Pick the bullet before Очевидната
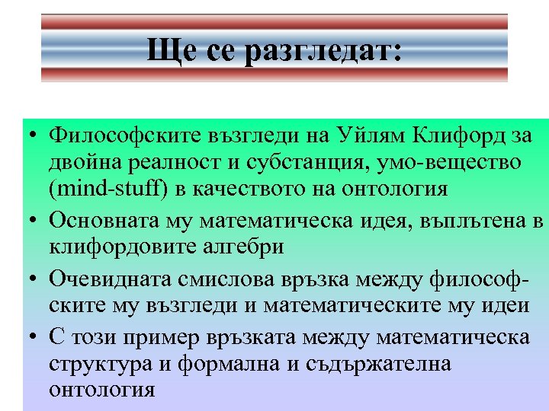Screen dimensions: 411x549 point(27,280)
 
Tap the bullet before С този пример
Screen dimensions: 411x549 point(27,338)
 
